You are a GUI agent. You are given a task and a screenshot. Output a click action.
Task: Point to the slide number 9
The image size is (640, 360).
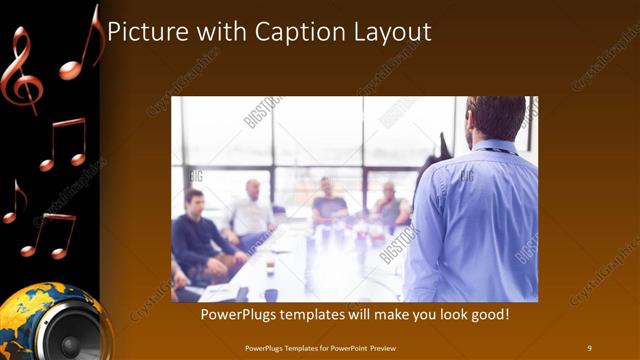[589, 347]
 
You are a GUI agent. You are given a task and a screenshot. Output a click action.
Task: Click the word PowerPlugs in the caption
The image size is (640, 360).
[238, 315]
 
